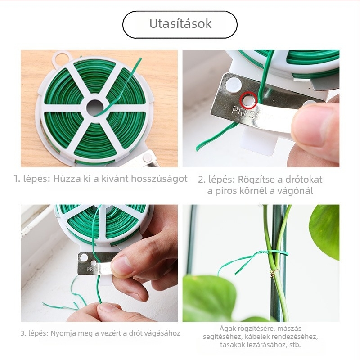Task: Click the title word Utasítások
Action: (180, 24)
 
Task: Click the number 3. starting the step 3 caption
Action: (23, 333)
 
